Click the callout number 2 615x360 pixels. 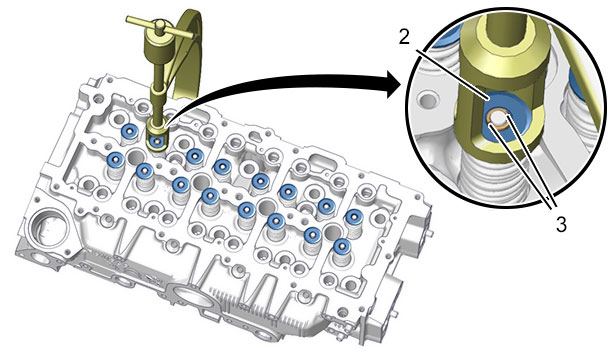coord(404,37)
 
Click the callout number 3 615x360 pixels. coord(561,225)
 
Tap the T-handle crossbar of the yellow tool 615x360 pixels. coord(159,28)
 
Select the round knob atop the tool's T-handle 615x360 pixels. coord(159,24)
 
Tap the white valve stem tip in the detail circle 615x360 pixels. coord(497,118)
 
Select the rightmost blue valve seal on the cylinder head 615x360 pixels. coord(354,216)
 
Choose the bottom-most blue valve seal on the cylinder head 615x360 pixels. coord(342,246)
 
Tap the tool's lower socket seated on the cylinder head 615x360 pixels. coord(157,135)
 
